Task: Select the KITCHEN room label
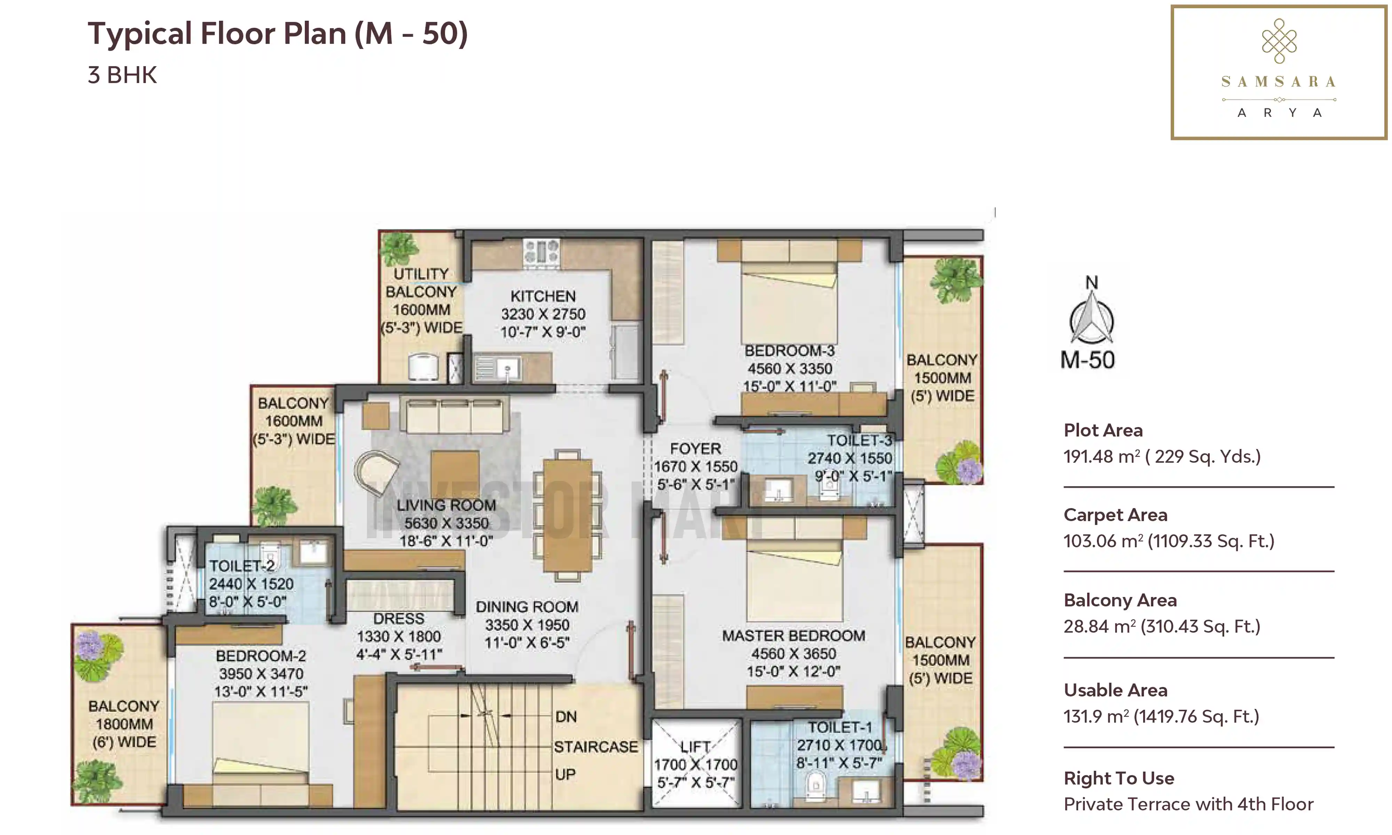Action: pos(543,296)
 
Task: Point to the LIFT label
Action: pos(695,747)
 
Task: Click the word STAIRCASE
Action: pos(596,747)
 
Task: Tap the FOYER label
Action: pos(695,448)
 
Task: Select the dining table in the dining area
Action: pos(567,515)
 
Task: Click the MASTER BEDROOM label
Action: pos(793,636)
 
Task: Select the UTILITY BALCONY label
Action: pos(421,283)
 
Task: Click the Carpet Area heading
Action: pos(1115,515)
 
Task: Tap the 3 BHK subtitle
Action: pos(122,75)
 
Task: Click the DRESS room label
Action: pos(398,618)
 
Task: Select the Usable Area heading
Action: pos(1115,690)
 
